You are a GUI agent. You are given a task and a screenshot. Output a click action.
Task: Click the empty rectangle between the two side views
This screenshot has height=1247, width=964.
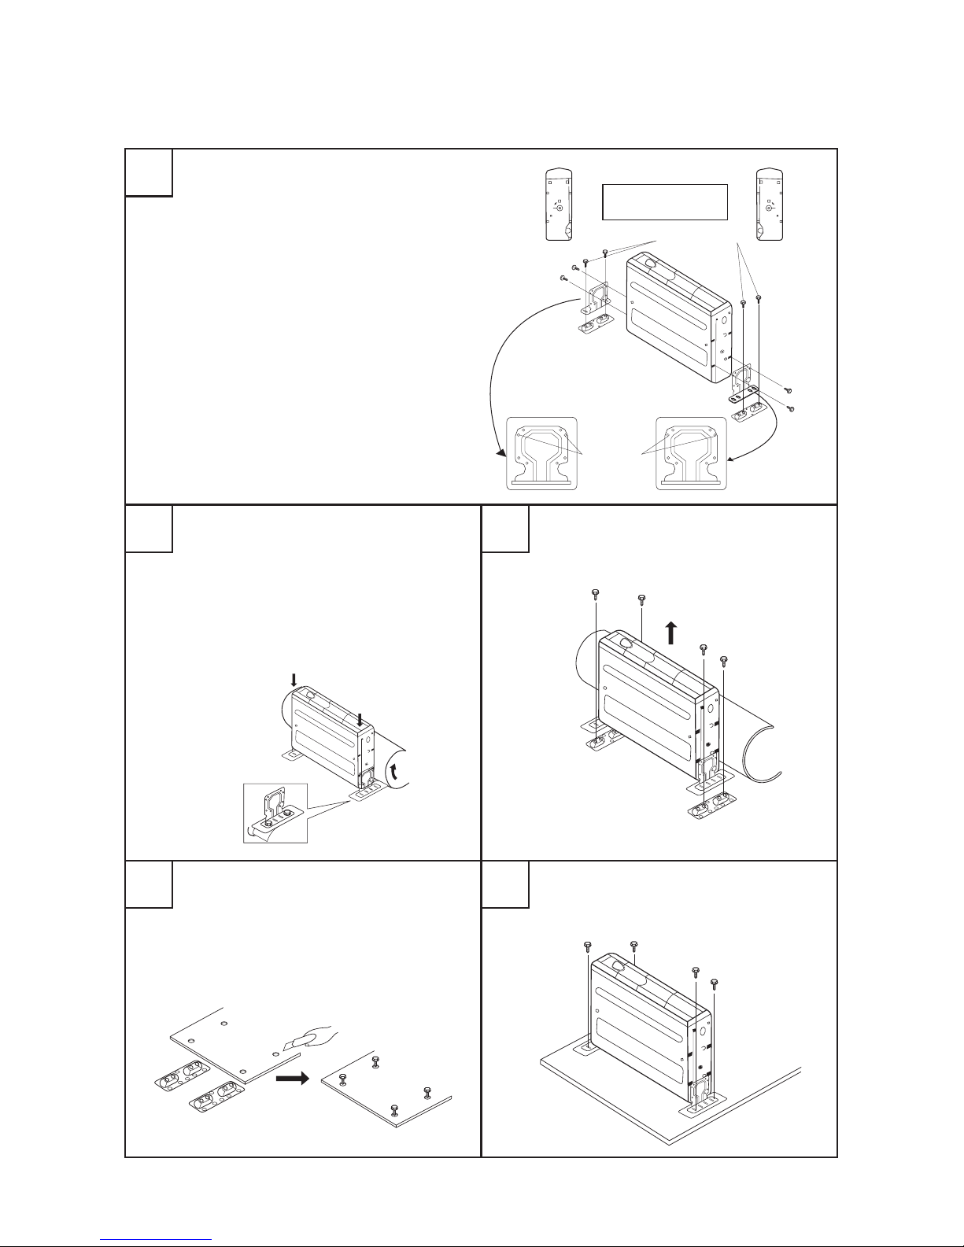663,202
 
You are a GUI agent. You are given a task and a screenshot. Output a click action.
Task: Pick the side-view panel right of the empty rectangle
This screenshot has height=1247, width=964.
769,204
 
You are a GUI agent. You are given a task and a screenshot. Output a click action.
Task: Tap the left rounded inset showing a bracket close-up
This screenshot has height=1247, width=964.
541,453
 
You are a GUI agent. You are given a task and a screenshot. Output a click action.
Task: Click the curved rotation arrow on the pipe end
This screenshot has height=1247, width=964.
396,768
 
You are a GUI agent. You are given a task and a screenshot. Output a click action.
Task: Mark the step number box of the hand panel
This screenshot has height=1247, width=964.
149,884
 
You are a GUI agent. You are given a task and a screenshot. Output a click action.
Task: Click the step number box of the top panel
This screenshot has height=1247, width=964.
149,172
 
